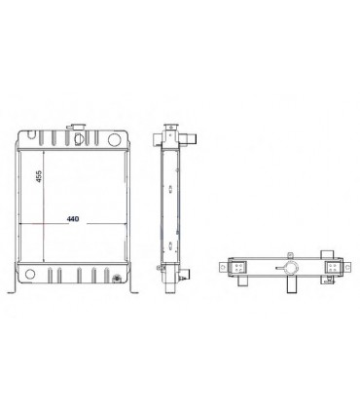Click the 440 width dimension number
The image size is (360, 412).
coord(72,220)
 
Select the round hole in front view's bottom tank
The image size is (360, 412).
coord(32,274)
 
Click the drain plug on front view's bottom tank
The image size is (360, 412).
coord(118,281)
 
